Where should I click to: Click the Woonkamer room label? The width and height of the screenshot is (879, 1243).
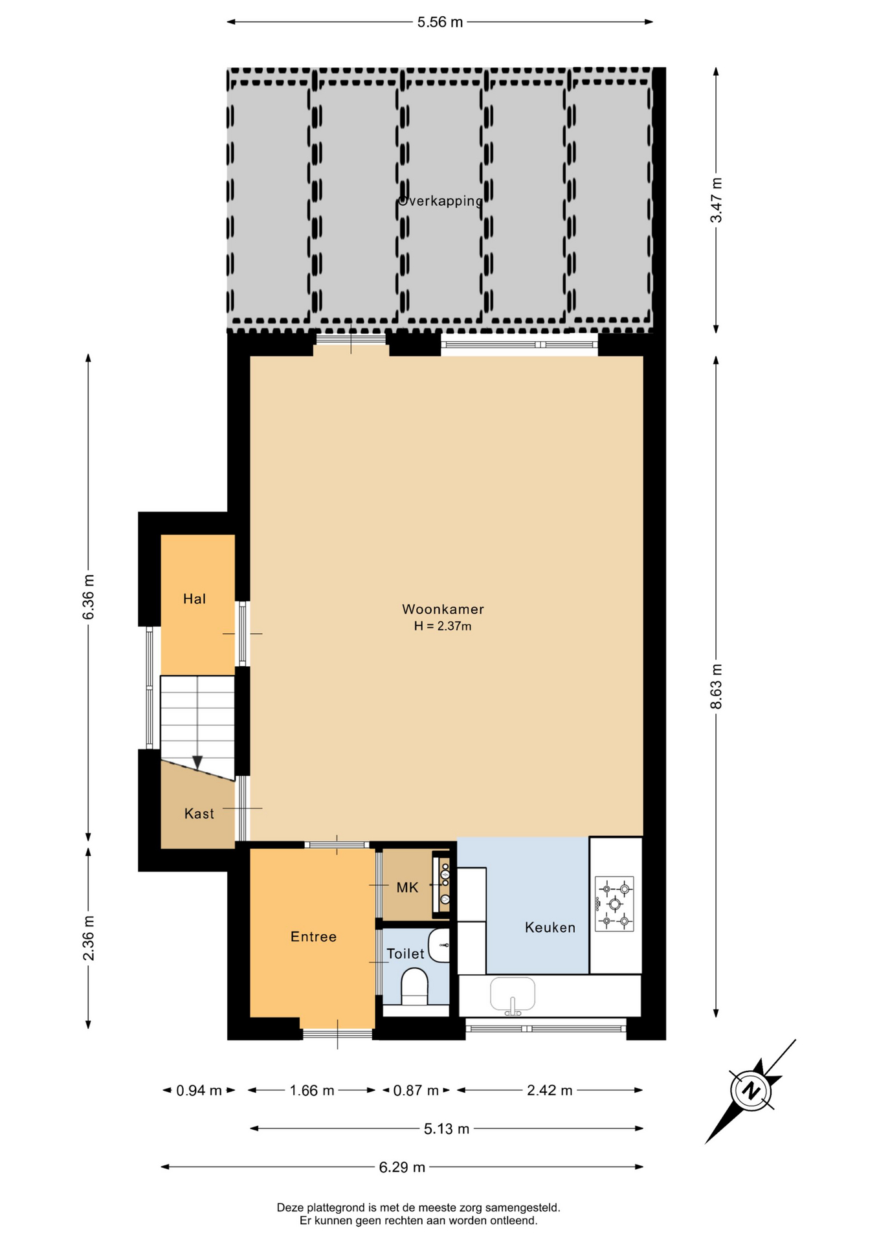point(443,609)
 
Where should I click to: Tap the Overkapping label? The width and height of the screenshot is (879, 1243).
point(440,201)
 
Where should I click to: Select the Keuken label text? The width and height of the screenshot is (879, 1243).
point(550,928)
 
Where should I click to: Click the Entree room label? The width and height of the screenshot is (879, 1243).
point(313,937)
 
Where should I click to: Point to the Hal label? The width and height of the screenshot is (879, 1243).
point(194,599)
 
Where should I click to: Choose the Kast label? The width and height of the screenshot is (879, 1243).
point(199,814)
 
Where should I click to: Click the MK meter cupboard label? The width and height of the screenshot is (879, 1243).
point(407,888)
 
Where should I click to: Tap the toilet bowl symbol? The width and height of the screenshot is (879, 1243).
point(415,987)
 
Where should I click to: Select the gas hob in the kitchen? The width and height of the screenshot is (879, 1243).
point(614,904)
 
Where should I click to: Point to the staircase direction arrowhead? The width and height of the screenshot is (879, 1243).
point(197,763)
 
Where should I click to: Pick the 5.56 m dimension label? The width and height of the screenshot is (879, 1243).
point(440,22)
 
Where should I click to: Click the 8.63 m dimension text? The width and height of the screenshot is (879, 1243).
point(716,686)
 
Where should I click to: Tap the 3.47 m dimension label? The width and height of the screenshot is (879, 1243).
point(716,200)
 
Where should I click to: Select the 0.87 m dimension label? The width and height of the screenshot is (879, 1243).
point(416,1091)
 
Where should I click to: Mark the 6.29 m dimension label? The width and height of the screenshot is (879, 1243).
point(402,1167)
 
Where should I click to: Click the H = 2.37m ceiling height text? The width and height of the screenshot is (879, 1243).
point(443,626)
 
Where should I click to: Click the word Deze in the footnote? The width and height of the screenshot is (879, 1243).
point(290,1207)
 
